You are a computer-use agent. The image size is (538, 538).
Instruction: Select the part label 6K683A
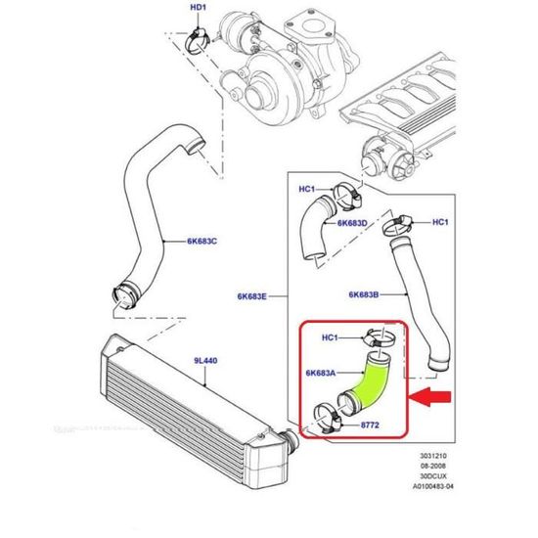point(320,373)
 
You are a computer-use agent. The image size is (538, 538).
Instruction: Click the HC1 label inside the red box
point(331,338)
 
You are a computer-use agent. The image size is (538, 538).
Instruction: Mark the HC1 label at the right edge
point(439,221)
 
